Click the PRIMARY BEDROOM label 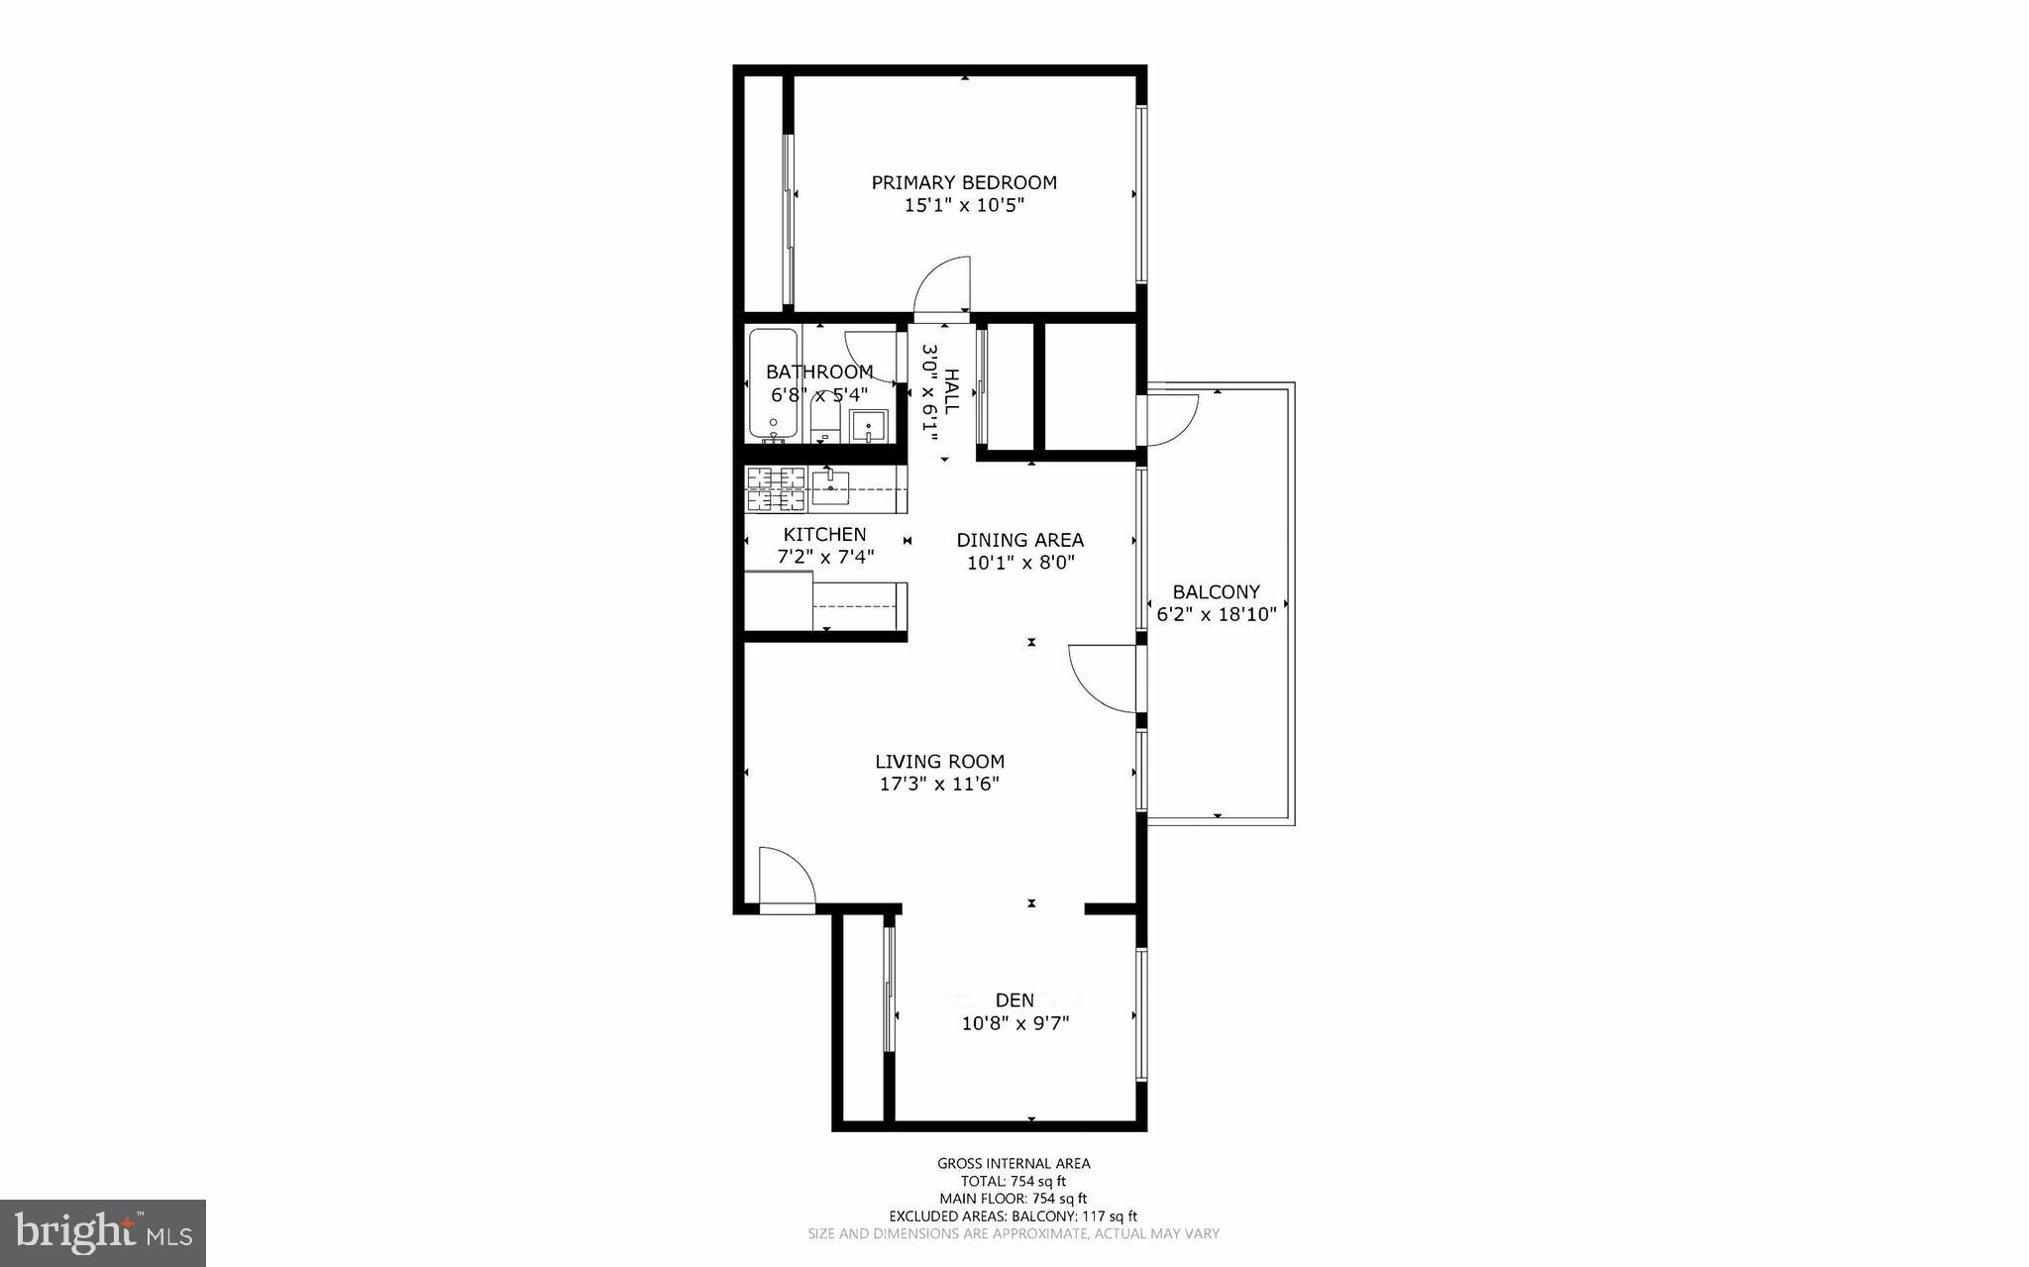pyautogui.click(x=963, y=182)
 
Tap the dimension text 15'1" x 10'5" pyautogui.click(x=963, y=206)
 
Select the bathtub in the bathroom pyautogui.click(x=773, y=384)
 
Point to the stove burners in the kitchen pyautogui.click(x=776, y=489)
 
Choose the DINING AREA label pyautogui.click(x=1019, y=540)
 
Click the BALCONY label pyautogui.click(x=1216, y=591)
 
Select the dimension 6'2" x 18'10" pyautogui.click(x=1216, y=614)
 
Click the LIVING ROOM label pyautogui.click(x=939, y=761)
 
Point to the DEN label pyautogui.click(x=1014, y=1000)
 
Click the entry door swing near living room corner pyautogui.click(x=785, y=877)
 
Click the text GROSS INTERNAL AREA pyautogui.click(x=1014, y=1164)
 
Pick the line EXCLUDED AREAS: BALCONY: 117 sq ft pyautogui.click(x=1013, y=1216)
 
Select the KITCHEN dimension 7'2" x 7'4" pyautogui.click(x=825, y=557)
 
